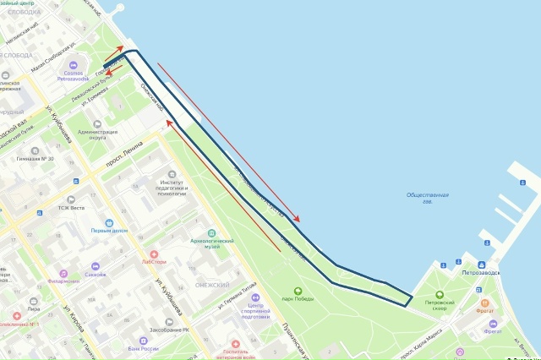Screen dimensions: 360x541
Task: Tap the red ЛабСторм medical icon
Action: click(154, 253)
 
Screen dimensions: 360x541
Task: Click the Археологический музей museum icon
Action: click(210, 232)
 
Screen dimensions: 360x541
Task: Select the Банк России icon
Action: click(144, 338)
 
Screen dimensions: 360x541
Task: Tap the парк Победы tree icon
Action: click(298, 291)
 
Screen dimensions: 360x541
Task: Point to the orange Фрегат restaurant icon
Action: click(484, 303)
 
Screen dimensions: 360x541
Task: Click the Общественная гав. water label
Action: click(427, 198)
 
